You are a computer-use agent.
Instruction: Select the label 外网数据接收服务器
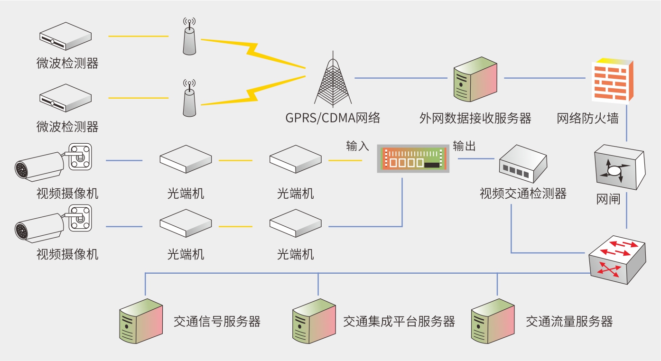click(475, 118)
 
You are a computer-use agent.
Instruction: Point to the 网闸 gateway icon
click(619, 169)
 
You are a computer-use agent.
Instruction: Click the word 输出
click(464, 146)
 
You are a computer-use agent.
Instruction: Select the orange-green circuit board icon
click(412, 158)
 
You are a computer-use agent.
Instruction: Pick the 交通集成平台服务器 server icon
click(314, 321)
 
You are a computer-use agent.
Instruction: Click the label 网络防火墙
click(587, 118)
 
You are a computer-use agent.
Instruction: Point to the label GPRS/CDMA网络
click(333, 118)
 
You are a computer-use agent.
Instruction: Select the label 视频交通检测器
click(523, 194)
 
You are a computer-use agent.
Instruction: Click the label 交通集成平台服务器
click(399, 322)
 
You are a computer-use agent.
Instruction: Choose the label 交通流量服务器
click(569, 322)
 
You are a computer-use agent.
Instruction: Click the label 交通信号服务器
click(217, 322)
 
